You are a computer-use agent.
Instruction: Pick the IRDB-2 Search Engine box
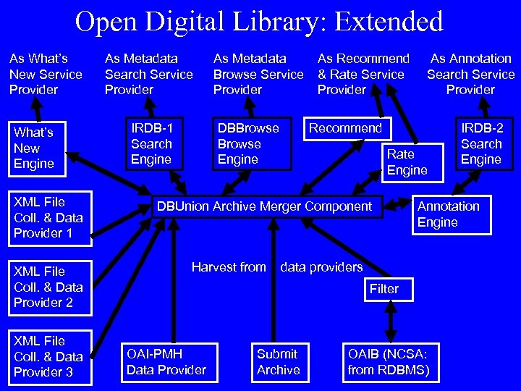[x=483, y=144]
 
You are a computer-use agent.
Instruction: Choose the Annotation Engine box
[x=449, y=214]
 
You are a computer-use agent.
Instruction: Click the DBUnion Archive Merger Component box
[x=265, y=206]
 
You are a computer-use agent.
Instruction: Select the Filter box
[x=384, y=289]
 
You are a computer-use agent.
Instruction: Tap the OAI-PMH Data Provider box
[x=166, y=362]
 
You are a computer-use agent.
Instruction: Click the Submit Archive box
[x=279, y=362]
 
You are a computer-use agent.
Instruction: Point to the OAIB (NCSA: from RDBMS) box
[x=389, y=362]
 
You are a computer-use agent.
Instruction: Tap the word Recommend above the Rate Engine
[x=345, y=128]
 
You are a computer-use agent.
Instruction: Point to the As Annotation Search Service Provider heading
[x=470, y=74]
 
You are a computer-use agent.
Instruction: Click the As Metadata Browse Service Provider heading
[x=258, y=74]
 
